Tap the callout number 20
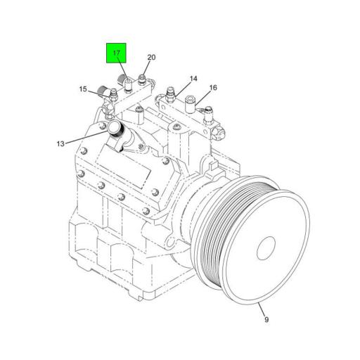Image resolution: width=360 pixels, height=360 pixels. point(151,57)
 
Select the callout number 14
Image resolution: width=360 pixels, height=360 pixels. point(193,79)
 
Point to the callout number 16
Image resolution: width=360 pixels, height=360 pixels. point(213,88)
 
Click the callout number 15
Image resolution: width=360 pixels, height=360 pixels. point(83,90)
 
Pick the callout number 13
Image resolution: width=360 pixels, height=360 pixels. point(60,143)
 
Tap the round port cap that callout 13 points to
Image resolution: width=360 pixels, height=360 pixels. point(115,129)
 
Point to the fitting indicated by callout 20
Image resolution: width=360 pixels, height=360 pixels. point(143,78)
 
